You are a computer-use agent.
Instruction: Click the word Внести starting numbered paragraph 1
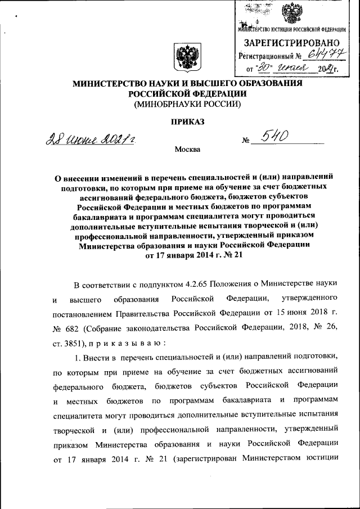coord(100,357)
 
